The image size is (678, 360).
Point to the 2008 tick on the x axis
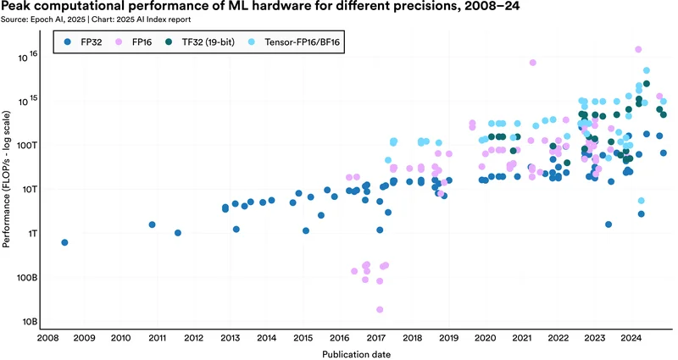point(47,337)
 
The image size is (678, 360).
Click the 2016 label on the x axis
point(339,337)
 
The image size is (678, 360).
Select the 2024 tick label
point(631,337)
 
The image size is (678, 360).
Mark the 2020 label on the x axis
point(485,337)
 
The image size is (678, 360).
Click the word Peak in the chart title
point(17,7)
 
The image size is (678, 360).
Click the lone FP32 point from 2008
point(64,242)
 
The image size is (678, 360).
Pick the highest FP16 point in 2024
point(638,49)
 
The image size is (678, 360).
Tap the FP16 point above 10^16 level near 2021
point(533,63)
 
